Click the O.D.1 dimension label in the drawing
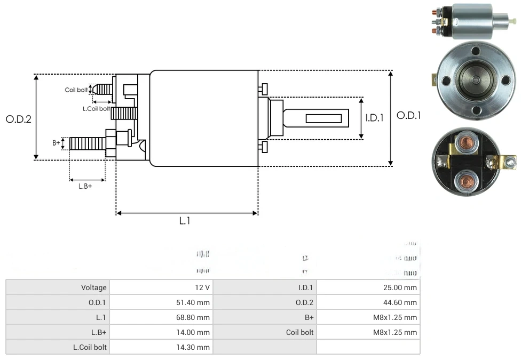[408, 115]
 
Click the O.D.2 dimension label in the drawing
[19, 119]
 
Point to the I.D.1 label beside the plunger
[375, 118]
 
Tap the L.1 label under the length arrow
[184, 220]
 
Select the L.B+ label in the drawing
[85, 186]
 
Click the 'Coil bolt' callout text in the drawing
[76, 90]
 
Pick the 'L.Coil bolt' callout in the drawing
[96, 108]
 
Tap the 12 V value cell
[202, 287]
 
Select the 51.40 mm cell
[195, 302]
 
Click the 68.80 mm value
[195, 317]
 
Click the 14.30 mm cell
[195, 347]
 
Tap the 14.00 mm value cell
[195, 332]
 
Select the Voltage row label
[94, 287]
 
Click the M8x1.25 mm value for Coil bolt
[395, 332]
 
